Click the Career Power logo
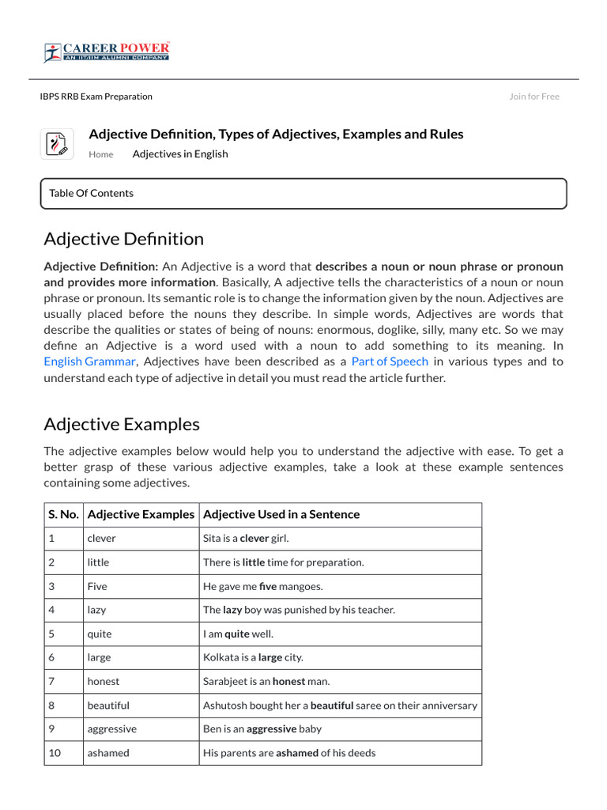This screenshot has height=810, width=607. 107,52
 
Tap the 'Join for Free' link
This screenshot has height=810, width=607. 533,97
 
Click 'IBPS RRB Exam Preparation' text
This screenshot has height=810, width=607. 96,97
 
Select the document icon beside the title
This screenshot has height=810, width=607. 57,144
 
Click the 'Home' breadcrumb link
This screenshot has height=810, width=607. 100,154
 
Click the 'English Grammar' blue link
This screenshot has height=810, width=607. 90,361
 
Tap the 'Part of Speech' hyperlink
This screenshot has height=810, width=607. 390,361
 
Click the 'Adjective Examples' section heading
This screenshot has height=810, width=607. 122,424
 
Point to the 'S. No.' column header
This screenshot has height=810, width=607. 63,514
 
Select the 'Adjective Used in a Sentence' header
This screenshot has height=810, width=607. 281,514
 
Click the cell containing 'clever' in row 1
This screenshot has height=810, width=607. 102,539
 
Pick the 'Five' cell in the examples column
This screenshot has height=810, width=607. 97,586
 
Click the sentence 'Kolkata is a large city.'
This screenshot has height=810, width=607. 253,657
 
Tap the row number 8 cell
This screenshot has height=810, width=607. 51,705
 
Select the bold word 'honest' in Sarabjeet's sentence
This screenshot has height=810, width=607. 288,681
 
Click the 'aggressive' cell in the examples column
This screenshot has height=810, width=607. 111,729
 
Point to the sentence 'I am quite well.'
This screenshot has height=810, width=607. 239,634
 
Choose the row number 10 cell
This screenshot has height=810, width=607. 55,753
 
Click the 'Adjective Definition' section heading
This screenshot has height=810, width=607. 123,239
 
